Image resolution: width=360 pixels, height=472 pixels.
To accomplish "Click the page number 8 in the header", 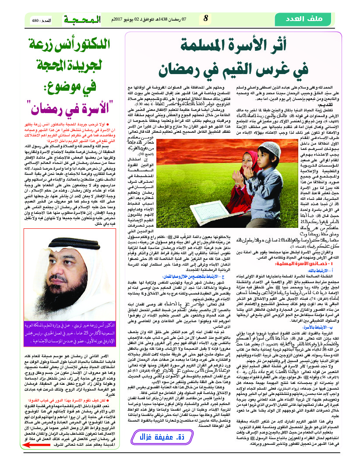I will click(x=206, y=19).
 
